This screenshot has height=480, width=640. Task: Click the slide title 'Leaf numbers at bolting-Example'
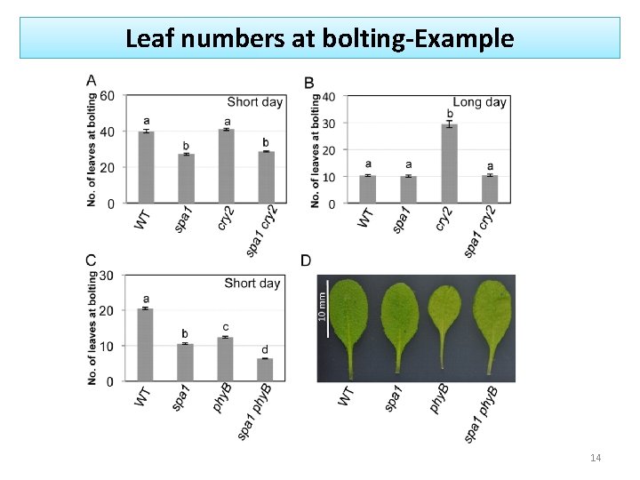(319, 38)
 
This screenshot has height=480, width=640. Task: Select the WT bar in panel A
(147, 167)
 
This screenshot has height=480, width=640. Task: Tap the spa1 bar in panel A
(186, 179)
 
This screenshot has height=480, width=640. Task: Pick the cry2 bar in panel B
(450, 164)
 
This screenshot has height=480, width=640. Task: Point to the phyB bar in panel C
(225, 359)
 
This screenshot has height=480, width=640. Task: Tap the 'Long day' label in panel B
(479, 102)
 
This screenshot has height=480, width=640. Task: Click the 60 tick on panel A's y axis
(107, 95)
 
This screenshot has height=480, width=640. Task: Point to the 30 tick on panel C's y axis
(106, 276)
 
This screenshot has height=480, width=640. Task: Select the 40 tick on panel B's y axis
(328, 96)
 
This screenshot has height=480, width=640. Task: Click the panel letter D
(306, 260)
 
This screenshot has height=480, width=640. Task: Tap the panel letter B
(308, 83)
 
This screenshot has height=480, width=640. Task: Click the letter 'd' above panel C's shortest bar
(264, 348)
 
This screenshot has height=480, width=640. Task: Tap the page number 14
(596, 458)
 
